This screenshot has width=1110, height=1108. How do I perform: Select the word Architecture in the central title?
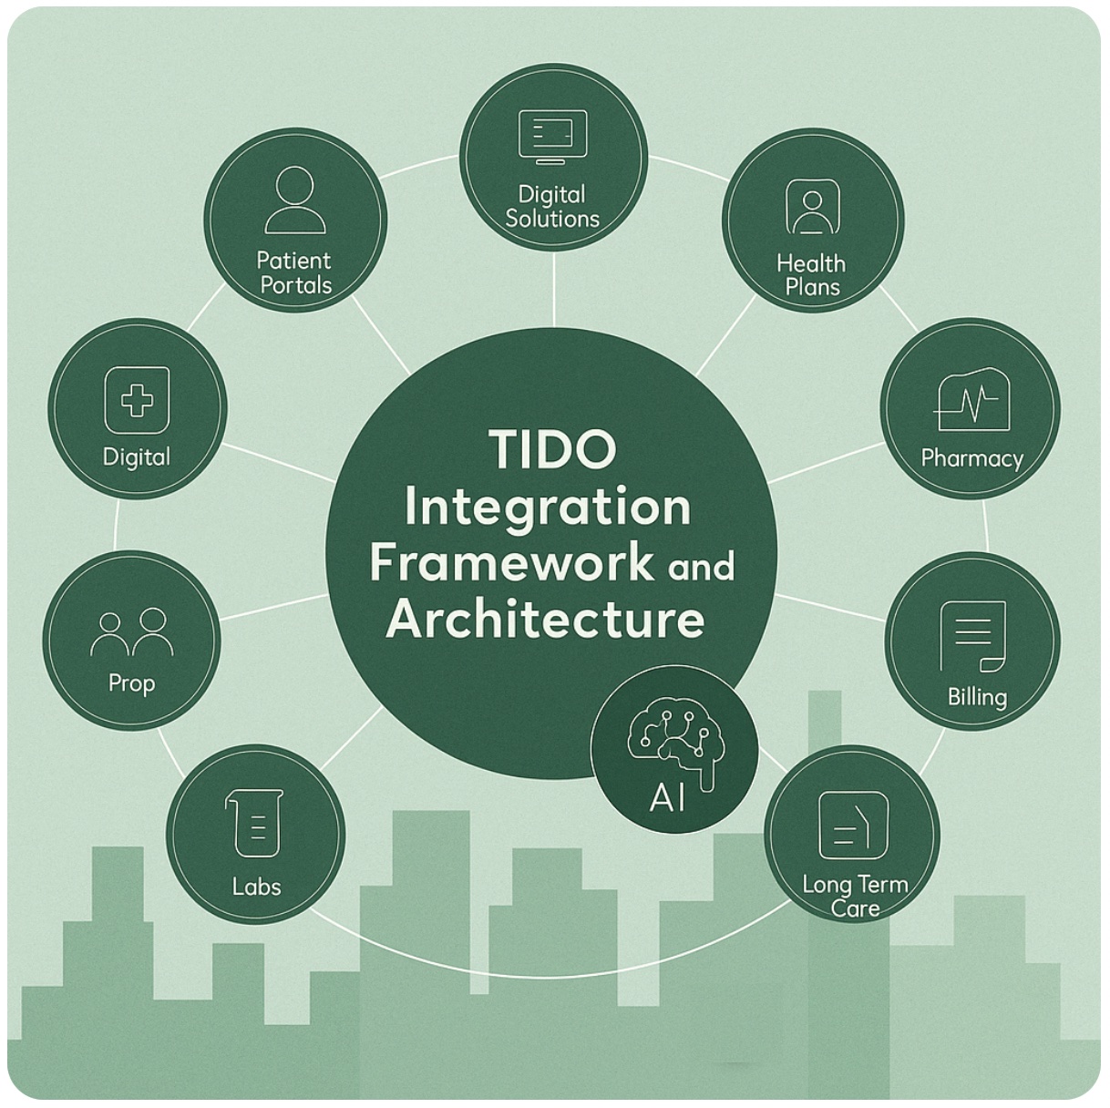tap(545, 619)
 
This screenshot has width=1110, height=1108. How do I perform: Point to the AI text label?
tap(668, 799)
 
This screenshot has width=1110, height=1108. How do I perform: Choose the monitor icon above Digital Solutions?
tap(553, 136)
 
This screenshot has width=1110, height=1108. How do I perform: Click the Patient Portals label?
tap(295, 273)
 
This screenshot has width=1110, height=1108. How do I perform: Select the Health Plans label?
tap(811, 275)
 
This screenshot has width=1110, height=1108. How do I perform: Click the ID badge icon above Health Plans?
tap(810, 209)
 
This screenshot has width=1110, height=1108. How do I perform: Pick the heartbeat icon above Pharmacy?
tap(971, 400)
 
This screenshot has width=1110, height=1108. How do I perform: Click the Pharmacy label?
tap(971, 457)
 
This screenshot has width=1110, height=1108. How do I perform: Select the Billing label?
tap(977, 698)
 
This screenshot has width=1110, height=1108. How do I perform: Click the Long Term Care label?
tap(855, 896)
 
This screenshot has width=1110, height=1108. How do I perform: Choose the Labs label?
tap(256, 886)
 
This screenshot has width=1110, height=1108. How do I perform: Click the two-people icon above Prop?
tap(132, 632)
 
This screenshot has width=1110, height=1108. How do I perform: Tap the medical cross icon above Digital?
tap(138, 400)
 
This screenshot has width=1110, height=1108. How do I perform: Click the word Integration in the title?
tap(547, 507)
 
